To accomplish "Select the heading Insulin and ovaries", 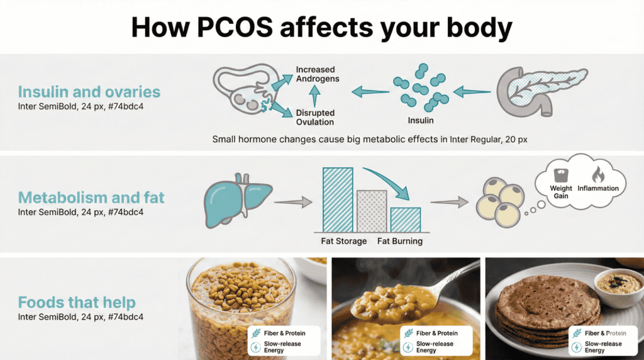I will [89, 92].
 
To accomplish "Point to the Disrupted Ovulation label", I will [315, 118].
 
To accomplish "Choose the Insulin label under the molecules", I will [421, 120].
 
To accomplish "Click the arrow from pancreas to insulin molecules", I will [471, 92].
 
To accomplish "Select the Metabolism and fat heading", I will [91, 198].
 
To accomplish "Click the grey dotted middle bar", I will [370, 211].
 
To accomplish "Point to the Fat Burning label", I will [400, 241].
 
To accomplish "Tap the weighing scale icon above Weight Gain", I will [560, 174].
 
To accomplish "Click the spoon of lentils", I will [377, 302].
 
